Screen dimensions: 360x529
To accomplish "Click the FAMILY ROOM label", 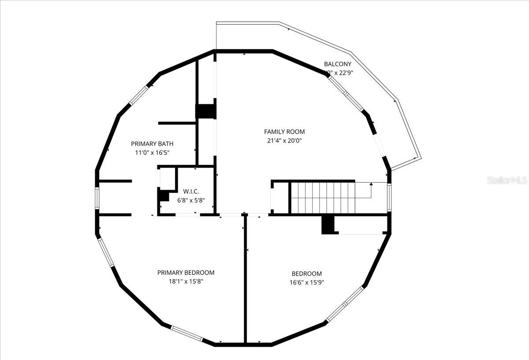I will (x=284, y=131).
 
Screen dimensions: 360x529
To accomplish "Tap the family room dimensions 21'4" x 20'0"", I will (x=284, y=141).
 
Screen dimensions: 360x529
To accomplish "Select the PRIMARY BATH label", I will (x=152, y=143).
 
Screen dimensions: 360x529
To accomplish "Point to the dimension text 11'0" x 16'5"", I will (x=152, y=153).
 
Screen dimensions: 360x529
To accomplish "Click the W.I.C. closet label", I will (x=191, y=191).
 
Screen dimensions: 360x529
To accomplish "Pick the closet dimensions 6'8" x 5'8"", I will (x=191, y=200).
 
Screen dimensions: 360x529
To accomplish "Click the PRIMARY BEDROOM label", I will (x=186, y=273).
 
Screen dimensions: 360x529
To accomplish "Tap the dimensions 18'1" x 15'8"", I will (x=186, y=281).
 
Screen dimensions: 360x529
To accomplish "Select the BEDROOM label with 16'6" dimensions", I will (x=306, y=274).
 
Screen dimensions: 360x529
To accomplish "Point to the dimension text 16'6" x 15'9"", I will (x=306, y=282).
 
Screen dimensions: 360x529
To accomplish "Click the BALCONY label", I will (x=338, y=64).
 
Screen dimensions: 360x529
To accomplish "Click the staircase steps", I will (x=322, y=197).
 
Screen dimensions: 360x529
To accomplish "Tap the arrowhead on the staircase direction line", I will (x=371, y=183).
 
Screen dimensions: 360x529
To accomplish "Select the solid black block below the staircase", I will (x=327, y=225).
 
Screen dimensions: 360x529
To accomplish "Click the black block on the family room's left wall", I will (x=205, y=111).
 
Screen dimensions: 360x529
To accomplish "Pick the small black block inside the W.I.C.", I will (x=163, y=195).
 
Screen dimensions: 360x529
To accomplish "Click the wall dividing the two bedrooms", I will (x=245, y=278).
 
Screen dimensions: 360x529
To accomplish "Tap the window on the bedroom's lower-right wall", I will (x=345, y=304).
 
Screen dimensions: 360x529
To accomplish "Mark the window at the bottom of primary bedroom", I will (x=187, y=333).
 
